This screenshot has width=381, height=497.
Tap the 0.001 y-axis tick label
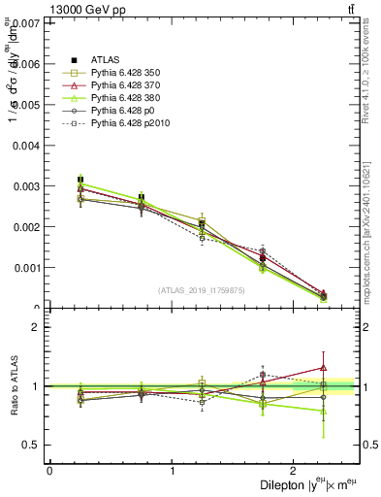(26, 267)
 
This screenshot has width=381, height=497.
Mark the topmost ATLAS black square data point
(80, 180)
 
